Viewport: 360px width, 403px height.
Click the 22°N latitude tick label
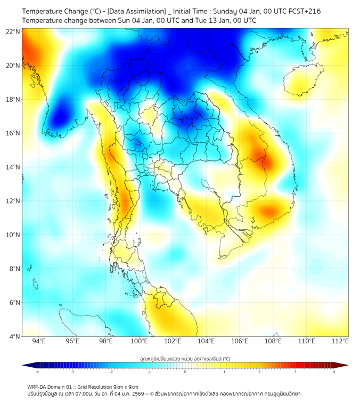[13, 31]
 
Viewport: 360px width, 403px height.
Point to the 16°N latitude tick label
[13, 133]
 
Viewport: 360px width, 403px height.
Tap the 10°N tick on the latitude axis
[13, 235]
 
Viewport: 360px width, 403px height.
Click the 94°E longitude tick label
[39, 342]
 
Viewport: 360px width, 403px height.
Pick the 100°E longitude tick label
[140, 342]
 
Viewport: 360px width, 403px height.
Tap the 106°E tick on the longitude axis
[240, 342]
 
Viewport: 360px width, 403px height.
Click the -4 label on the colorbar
[37, 372]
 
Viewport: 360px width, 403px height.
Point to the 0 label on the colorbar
[185, 372]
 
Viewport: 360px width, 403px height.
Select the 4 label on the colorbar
[334, 372]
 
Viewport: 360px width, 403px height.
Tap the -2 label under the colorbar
[111, 372]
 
